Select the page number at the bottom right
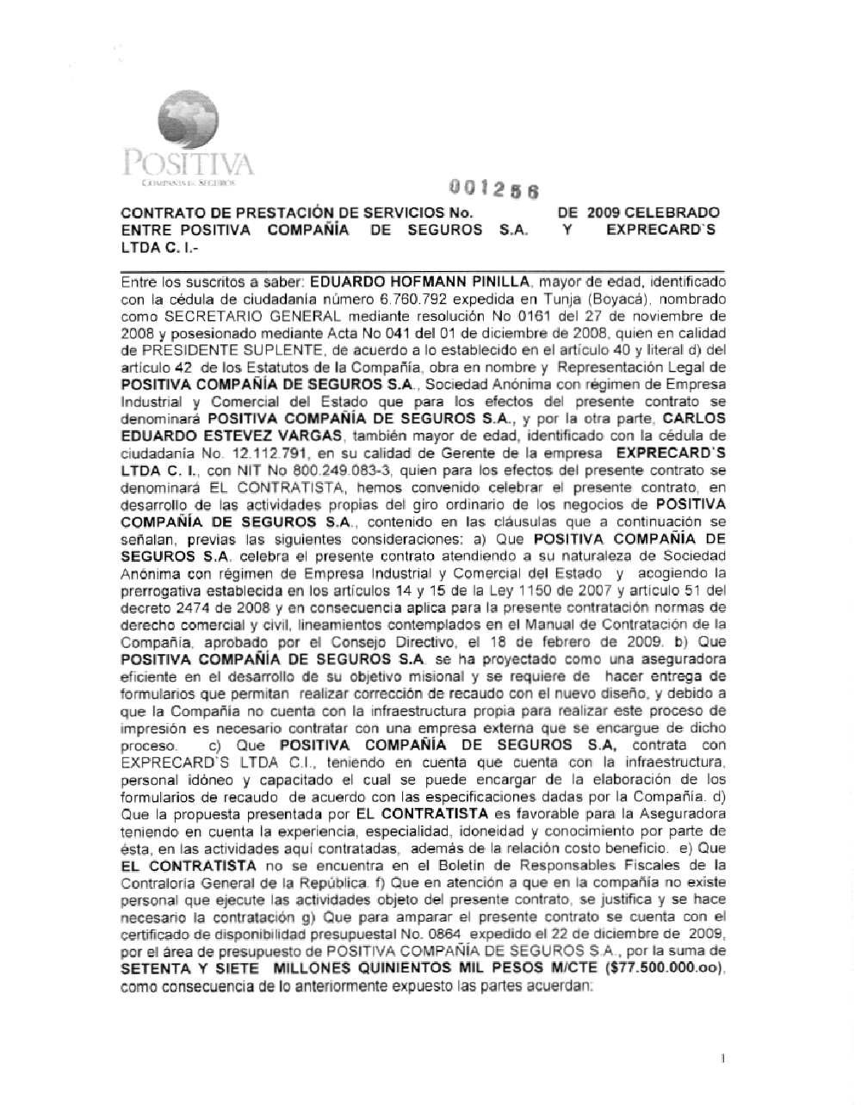click(722, 1059)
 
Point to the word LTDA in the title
click(140, 247)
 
